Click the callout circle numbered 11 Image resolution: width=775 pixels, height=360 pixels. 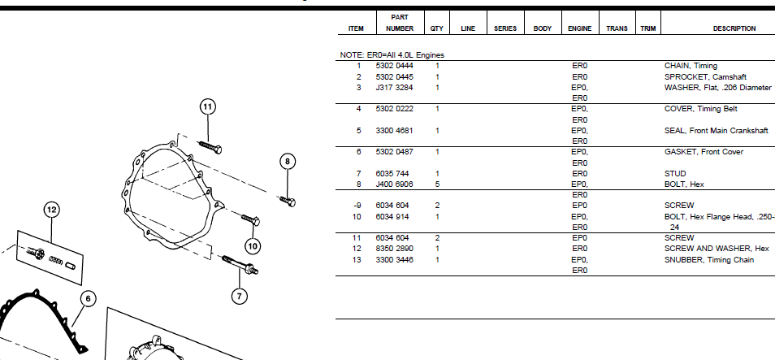[207, 107]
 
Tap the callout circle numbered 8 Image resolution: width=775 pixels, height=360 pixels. [288, 162]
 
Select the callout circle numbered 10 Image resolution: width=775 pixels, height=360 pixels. [252, 245]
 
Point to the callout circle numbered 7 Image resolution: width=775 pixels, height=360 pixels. [239, 297]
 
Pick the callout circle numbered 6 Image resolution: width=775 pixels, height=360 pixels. [89, 298]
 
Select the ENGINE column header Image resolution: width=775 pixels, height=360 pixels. [579, 28]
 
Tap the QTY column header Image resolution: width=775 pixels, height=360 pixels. [437, 28]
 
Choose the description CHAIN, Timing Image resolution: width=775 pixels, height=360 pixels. [691, 66]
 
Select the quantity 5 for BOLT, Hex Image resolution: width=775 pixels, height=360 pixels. [437, 184]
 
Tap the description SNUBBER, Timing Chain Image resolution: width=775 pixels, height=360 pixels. [708, 260]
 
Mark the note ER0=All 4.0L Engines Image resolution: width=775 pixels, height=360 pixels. [392, 54]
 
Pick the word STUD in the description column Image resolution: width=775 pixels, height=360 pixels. [675, 174]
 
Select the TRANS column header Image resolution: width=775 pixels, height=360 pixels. [617, 28]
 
